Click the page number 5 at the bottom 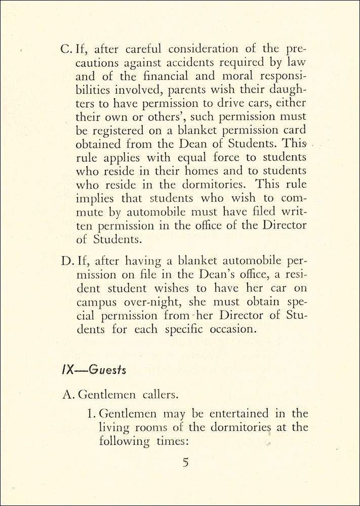[186, 462]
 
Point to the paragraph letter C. [67, 49]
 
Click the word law [298, 63]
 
